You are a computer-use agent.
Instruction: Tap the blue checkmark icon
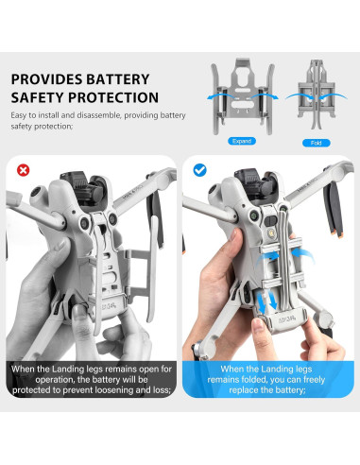pyautogui.click(x=199, y=170)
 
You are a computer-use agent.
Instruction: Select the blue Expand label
pyautogui.click(x=239, y=141)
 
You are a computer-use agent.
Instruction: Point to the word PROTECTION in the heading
pyautogui.click(x=111, y=97)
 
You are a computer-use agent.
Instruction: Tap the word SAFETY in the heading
pyautogui.click(x=37, y=97)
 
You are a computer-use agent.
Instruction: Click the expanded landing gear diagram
pyautogui.click(x=239, y=95)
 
